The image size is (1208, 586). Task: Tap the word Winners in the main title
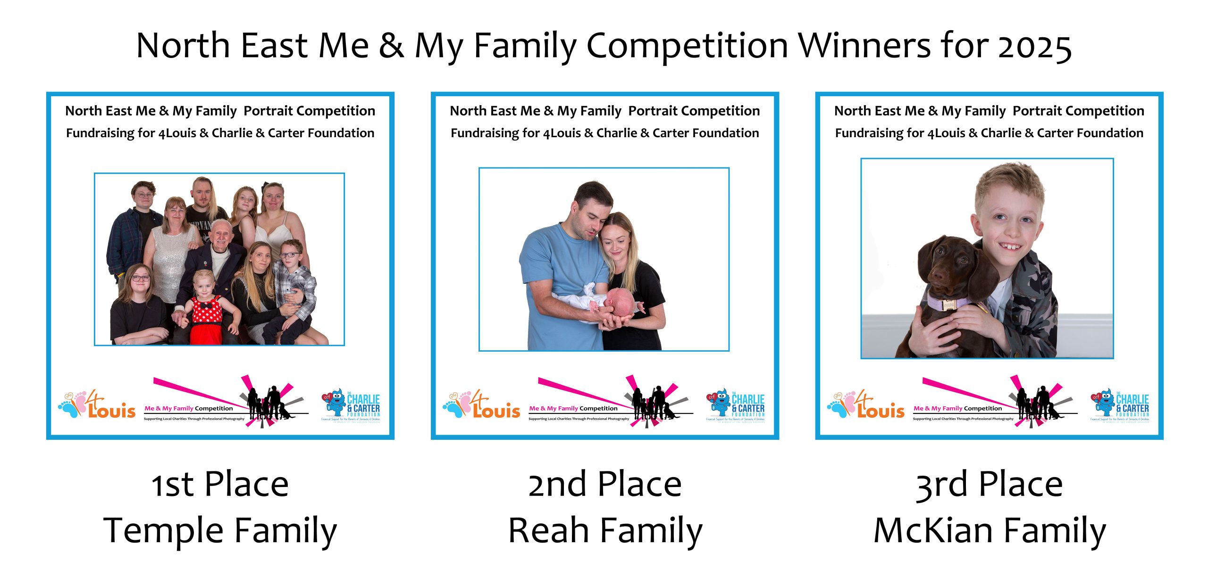coord(864,46)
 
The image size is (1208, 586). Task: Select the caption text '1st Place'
coord(220,485)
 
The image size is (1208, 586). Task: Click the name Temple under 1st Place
coord(163,530)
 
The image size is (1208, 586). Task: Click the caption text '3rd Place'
coord(989,485)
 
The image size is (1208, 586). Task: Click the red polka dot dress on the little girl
coord(206,316)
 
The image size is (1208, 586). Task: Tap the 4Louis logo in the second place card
coord(482,405)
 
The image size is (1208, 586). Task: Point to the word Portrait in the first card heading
coord(269,111)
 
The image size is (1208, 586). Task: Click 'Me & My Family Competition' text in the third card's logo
coord(957,409)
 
